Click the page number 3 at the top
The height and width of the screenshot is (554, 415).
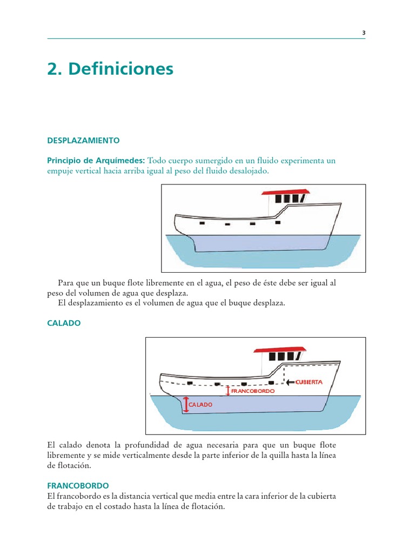pos(364,32)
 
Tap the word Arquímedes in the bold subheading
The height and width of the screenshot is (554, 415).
pos(121,161)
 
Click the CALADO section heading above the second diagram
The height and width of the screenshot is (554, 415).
pos(64,322)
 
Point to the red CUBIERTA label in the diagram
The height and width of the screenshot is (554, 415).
pos(309,382)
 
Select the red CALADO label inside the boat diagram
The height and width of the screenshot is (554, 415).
pos(200,404)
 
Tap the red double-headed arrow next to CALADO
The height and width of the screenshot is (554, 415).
pos(186,404)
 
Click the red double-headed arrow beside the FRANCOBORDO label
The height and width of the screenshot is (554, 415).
pos(228,390)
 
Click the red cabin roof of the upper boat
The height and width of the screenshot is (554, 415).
pos(285,192)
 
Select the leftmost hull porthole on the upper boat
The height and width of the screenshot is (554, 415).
pos(202,223)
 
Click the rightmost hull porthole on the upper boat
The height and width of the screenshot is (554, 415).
pos(278,222)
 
